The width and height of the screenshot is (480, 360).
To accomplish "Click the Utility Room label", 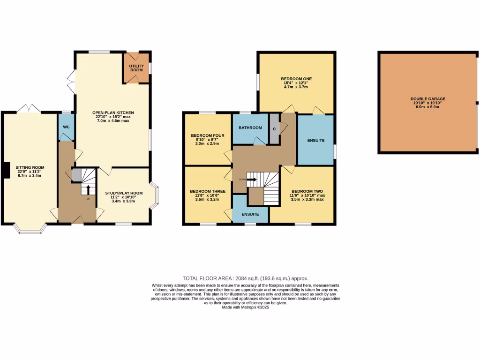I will (x=136, y=67).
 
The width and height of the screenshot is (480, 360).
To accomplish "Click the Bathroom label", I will (x=250, y=127).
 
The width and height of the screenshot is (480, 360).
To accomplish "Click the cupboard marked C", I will (x=274, y=128).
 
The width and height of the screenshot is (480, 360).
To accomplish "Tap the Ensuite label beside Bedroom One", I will (x=315, y=140).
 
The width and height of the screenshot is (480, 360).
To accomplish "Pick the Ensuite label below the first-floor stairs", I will (x=250, y=214).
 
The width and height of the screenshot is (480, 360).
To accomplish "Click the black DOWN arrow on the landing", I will (x=251, y=179).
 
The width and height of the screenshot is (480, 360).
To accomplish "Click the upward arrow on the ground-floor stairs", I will (x=88, y=189).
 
